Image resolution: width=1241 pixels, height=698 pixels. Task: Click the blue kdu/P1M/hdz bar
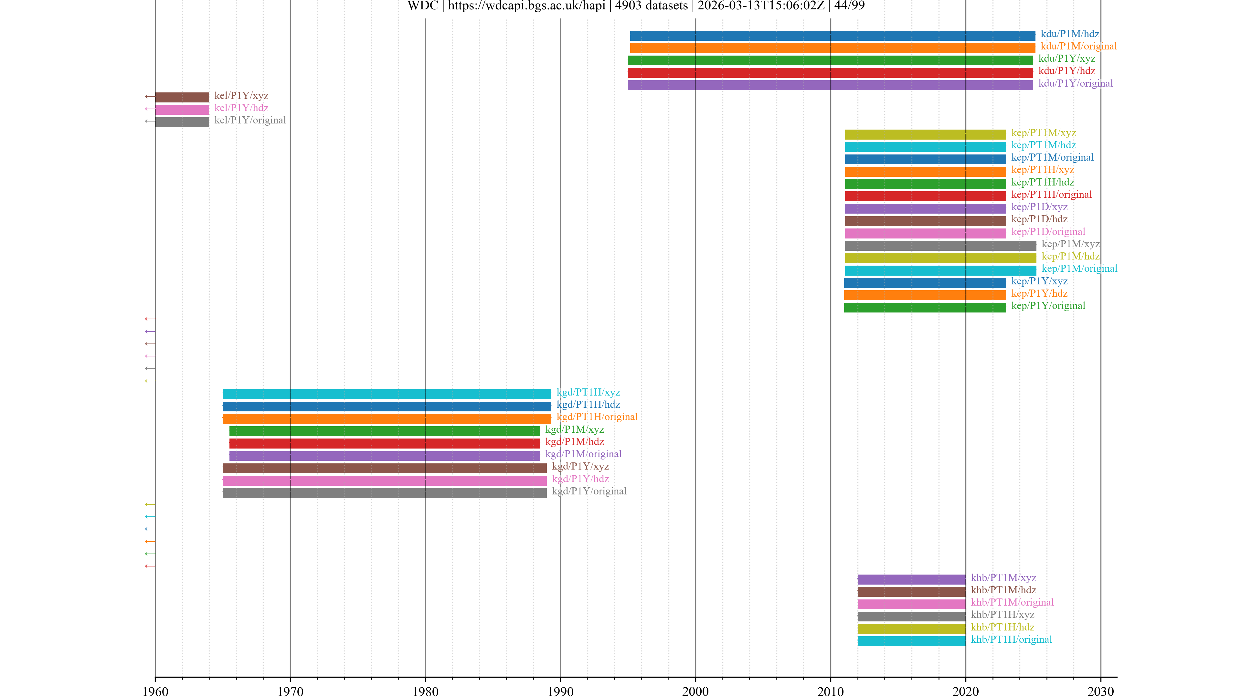coord(832,36)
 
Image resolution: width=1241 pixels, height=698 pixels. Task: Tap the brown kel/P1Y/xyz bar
coord(182,97)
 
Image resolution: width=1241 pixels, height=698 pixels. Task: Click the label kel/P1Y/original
coord(250,121)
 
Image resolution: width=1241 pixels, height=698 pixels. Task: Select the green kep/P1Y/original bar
coord(925,307)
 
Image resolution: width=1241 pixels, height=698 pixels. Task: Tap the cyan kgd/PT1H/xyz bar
coord(387,394)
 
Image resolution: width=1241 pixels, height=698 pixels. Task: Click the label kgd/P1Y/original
coord(589,491)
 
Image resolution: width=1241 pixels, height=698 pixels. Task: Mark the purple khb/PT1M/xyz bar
coord(911,579)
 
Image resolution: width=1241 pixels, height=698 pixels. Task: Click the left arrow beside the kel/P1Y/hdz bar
coord(149,109)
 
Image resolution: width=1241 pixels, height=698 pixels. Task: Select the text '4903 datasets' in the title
coord(651,6)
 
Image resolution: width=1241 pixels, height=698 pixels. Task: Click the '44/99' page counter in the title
coord(849,6)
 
